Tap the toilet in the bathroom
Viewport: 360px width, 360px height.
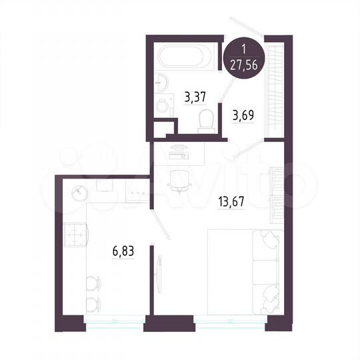[x=206, y=120]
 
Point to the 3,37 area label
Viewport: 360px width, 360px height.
[x=194, y=98]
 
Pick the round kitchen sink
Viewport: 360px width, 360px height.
[x=79, y=193]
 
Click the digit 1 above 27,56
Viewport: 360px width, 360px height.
[x=245, y=49]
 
